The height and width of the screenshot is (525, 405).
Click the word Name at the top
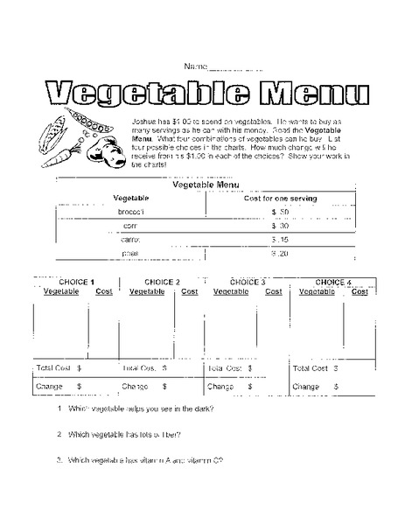pyautogui.click(x=195, y=67)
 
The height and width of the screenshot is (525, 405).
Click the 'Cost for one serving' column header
pyautogui.click(x=280, y=199)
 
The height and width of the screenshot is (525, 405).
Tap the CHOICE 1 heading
pyautogui.click(x=74, y=283)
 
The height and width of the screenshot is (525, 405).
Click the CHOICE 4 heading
pyautogui.click(x=333, y=283)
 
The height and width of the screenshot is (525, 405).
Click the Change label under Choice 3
pyautogui.click(x=220, y=385)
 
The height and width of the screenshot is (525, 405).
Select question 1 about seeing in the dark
pyautogui.click(x=140, y=409)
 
